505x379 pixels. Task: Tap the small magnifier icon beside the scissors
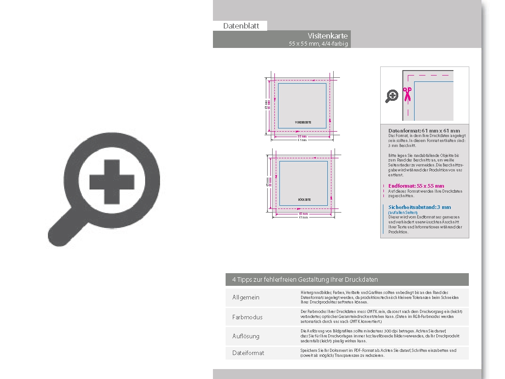(392, 96)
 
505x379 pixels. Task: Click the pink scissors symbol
(407, 94)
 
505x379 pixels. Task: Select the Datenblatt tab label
(241, 26)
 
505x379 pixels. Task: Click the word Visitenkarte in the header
(328, 36)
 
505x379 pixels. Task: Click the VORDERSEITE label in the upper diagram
(303, 123)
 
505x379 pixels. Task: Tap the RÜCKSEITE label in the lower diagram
(304, 199)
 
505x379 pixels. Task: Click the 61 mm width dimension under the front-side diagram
(302, 140)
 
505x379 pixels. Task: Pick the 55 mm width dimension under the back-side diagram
(303, 214)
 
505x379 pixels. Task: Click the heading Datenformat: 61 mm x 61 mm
(424, 131)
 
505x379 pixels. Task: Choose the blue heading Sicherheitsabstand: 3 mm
(420, 207)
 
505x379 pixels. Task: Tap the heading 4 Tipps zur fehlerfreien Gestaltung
(305, 280)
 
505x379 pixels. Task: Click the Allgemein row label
(246, 298)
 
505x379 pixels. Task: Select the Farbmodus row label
(247, 317)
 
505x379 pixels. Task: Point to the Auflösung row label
(246, 336)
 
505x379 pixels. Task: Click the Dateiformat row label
(248, 353)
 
